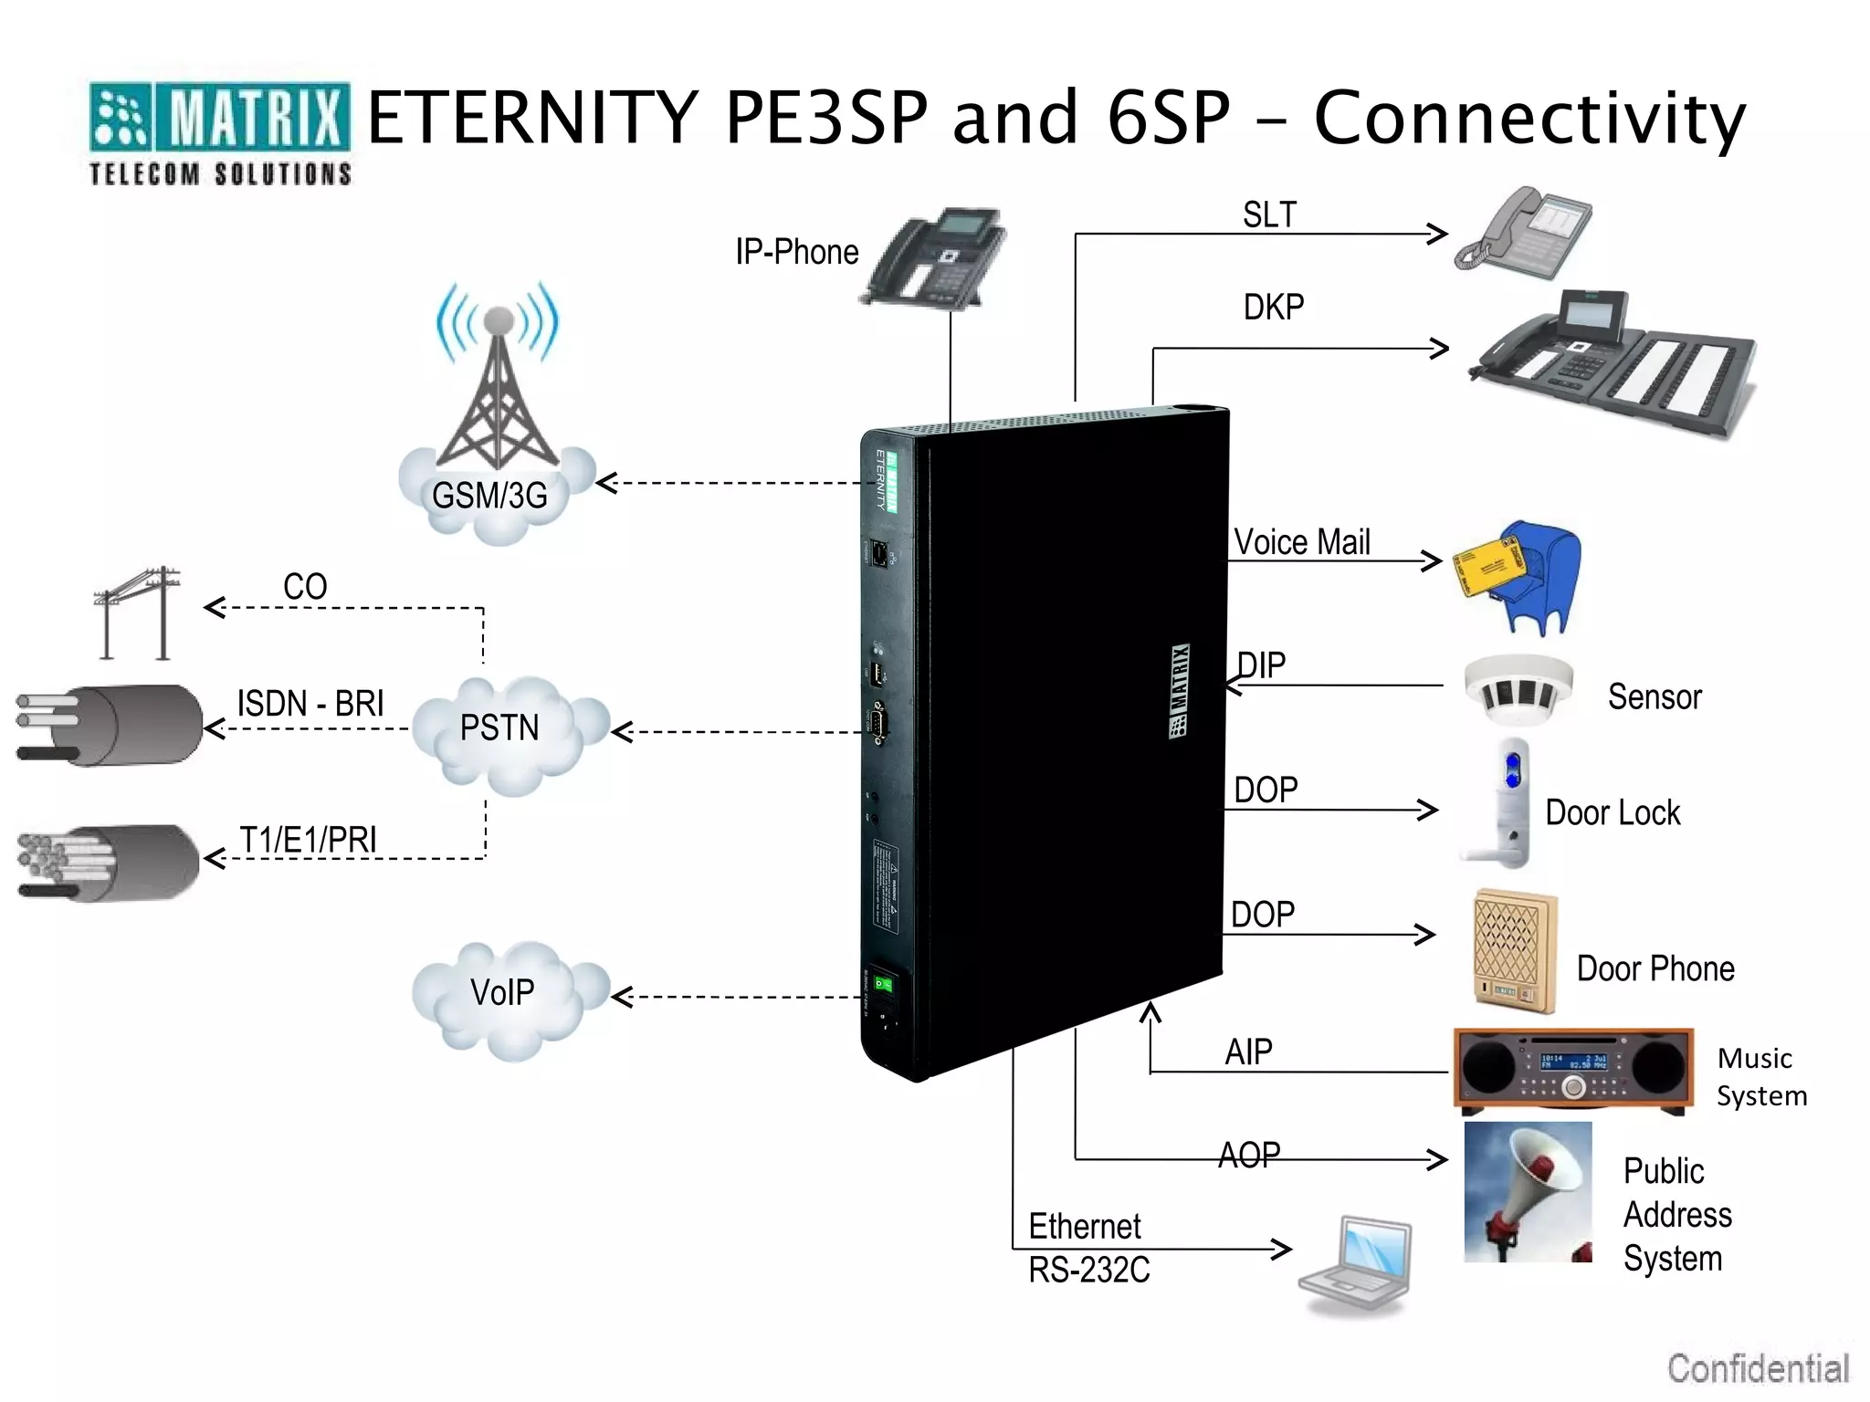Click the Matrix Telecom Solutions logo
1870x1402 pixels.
click(x=219, y=133)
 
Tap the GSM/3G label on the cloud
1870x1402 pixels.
click(x=489, y=496)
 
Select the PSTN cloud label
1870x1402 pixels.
click(x=499, y=727)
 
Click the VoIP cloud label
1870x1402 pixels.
click(x=502, y=992)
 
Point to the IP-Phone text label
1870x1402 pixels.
click(x=797, y=252)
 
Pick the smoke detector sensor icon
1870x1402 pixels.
click(x=1518, y=690)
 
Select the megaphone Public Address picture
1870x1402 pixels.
click(x=1528, y=1192)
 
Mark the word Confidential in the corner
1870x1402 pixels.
click(x=1758, y=1368)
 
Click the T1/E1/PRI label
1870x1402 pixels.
click(x=308, y=840)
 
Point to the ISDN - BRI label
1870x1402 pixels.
click(x=310, y=704)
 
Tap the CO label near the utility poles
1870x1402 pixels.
click(x=305, y=586)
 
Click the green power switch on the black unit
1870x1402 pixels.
click(x=883, y=984)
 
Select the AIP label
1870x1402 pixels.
click(x=1248, y=1052)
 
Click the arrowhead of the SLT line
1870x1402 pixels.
click(x=1439, y=234)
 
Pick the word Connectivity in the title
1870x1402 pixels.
click(x=1529, y=119)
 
